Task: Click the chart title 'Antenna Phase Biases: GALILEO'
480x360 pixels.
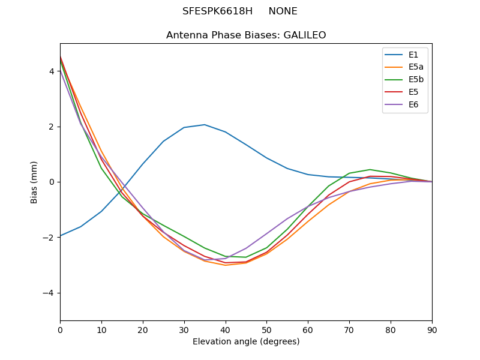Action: point(246,35)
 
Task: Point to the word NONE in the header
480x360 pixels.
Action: point(283,11)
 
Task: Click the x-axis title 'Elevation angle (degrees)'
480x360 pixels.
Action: point(246,342)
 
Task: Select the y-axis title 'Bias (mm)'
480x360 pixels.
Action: point(34,182)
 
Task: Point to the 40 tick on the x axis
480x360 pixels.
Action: point(226,329)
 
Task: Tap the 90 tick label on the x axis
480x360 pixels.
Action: point(432,329)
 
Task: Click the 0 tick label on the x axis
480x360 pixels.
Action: point(60,329)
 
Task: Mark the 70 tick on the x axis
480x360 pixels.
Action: point(349,329)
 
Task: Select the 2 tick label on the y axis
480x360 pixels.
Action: point(52,127)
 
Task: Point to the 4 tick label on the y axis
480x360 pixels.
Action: point(52,71)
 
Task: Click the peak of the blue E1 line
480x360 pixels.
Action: point(205,125)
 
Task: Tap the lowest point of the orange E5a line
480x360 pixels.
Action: point(226,265)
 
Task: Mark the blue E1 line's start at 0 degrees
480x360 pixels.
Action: point(60,236)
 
